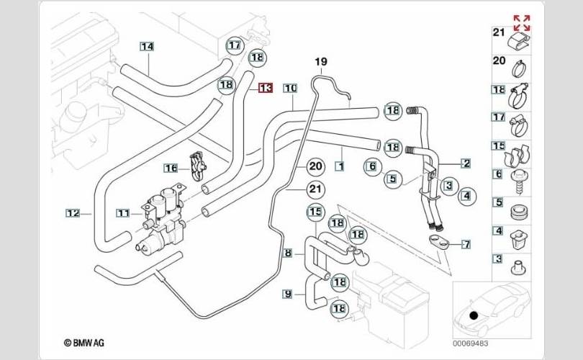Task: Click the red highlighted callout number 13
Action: pyautogui.click(x=265, y=88)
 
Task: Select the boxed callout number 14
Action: pyautogui.click(x=147, y=48)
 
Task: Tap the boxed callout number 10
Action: pyautogui.click(x=289, y=89)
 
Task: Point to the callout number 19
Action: pyautogui.click(x=320, y=62)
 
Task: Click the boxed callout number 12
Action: pyautogui.click(x=73, y=213)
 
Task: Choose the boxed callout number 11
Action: pyautogui.click(x=123, y=213)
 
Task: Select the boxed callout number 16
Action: pyautogui.click(x=170, y=168)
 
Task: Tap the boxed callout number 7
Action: pyautogui.click(x=466, y=245)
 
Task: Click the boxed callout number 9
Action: pyautogui.click(x=287, y=294)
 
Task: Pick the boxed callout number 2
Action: pyautogui.click(x=466, y=163)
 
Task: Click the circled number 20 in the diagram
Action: pyautogui.click(x=315, y=166)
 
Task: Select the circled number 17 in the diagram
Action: pyautogui.click(x=234, y=45)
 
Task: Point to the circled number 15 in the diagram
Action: pyautogui.click(x=315, y=212)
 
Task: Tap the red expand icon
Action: pyautogui.click(x=521, y=22)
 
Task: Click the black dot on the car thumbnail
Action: pyautogui.click(x=473, y=315)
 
